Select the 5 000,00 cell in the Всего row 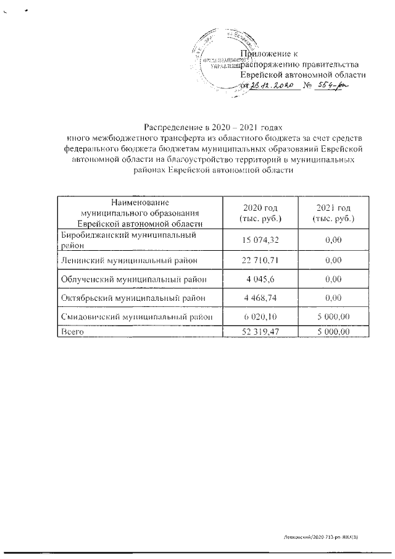click(333, 332)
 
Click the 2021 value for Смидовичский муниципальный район click(333, 316)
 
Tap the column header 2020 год click(259, 212)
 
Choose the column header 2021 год click(333, 212)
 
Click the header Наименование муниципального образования click(139, 212)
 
